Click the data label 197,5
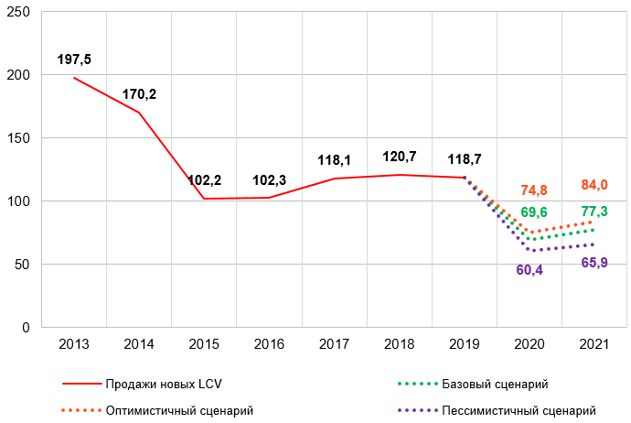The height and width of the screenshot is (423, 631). click(74, 60)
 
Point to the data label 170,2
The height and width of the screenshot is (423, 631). click(140, 93)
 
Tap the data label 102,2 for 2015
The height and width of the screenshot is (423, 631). click(204, 180)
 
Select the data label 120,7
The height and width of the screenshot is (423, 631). click(400, 157)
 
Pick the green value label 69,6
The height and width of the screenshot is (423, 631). click(534, 212)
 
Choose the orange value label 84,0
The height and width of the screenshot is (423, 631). click(594, 186)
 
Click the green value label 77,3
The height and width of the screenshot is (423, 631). click(594, 211)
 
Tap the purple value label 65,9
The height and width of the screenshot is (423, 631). click(594, 263)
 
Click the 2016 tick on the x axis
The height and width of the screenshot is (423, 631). click(270, 344)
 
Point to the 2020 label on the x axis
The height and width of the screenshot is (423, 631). click(530, 344)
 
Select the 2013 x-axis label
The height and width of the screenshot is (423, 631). click(74, 344)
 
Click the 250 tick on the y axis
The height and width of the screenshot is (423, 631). click(20, 12)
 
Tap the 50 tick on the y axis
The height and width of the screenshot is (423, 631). click(24, 265)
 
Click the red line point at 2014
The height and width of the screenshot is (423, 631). click(139, 113)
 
